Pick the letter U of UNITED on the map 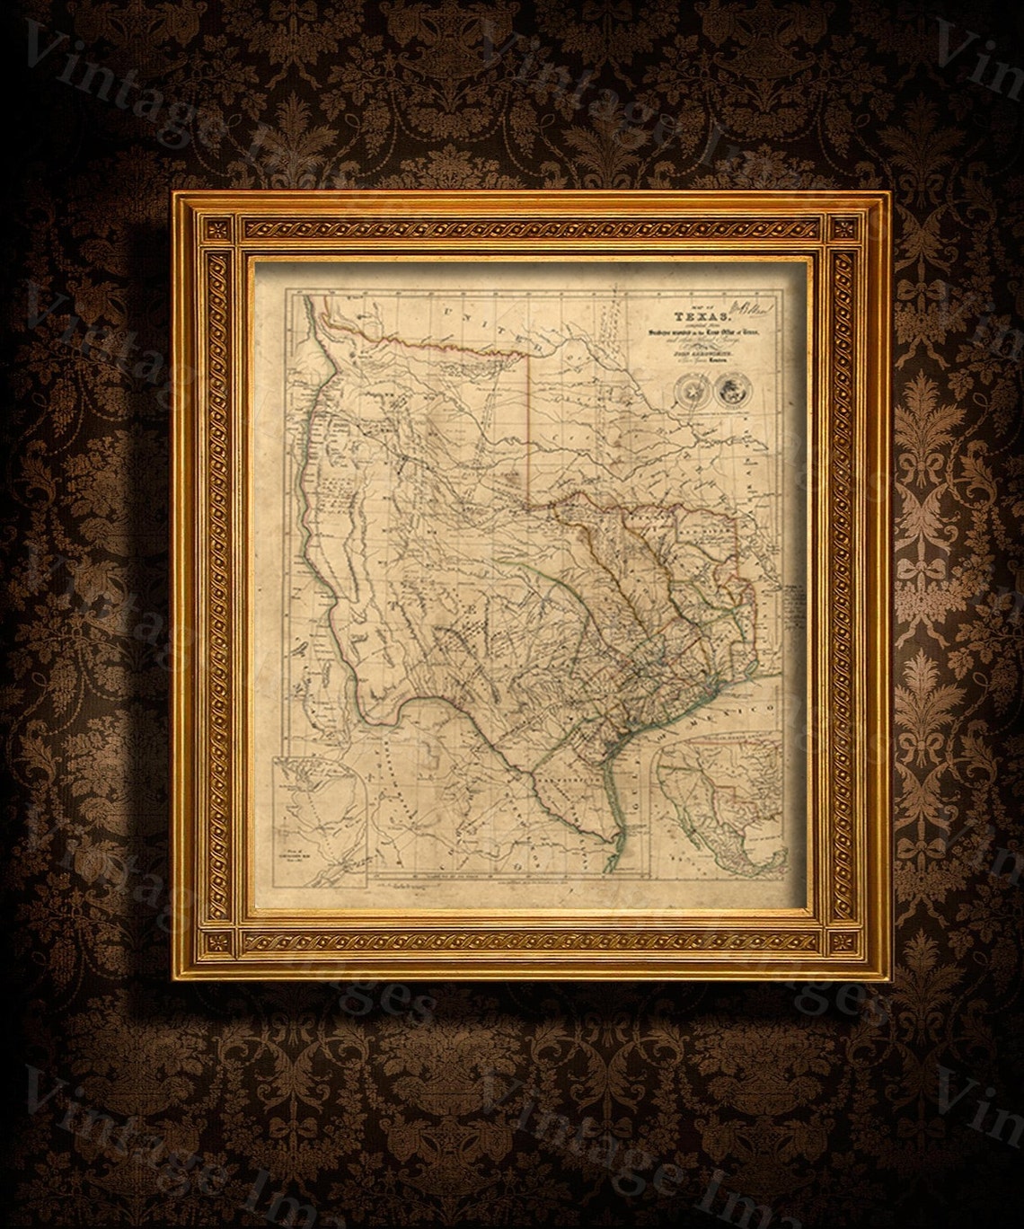click(x=446, y=315)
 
